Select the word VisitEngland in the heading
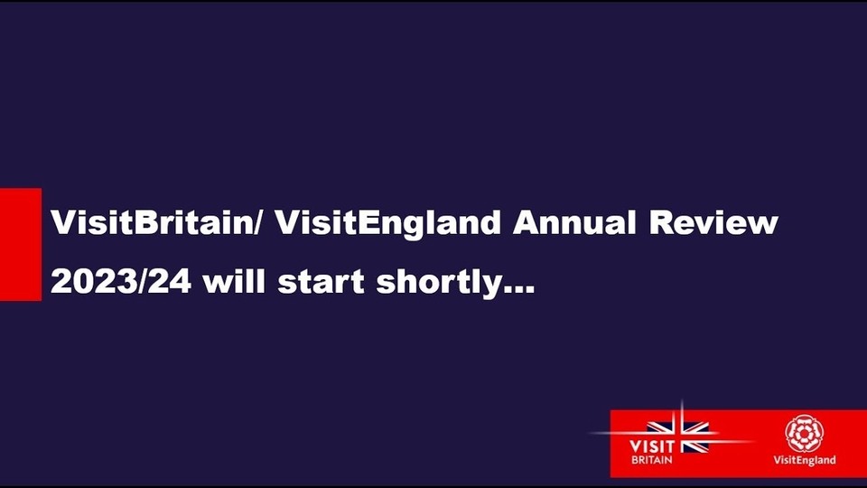point(388,224)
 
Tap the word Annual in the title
point(574,222)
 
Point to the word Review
point(713,222)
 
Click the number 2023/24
point(121,282)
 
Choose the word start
point(321,282)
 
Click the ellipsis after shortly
point(518,290)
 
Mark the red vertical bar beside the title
point(21,245)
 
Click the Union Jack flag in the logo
point(678,436)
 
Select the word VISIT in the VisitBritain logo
point(652,446)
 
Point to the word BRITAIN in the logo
point(652,460)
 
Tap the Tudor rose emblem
point(805,435)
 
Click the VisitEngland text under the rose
point(805,460)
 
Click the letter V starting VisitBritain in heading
point(64,223)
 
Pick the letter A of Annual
point(527,223)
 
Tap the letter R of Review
point(662,223)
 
